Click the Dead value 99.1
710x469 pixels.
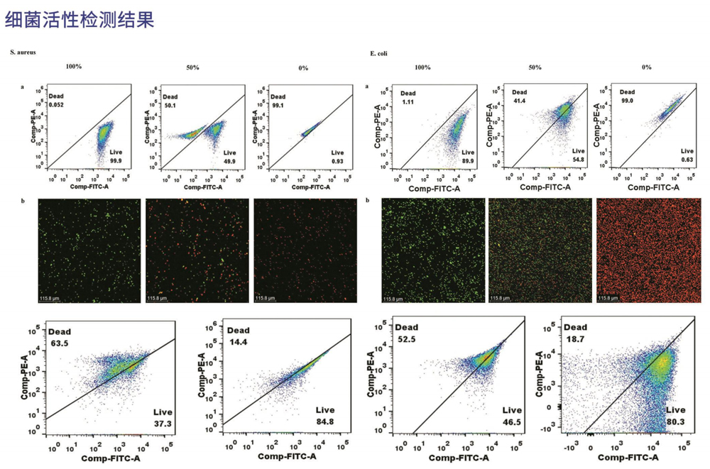pyautogui.click(x=278, y=105)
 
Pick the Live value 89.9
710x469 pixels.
pyautogui.click(x=467, y=161)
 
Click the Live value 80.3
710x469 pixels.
pyautogui.click(x=677, y=421)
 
